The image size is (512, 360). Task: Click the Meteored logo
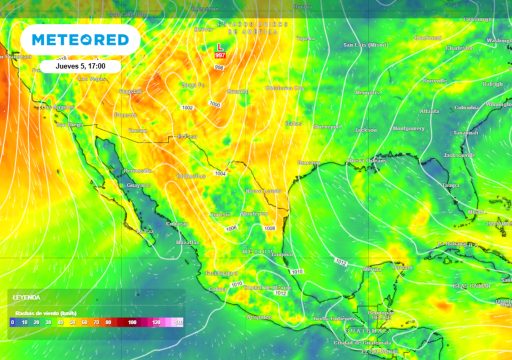(x=80, y=39)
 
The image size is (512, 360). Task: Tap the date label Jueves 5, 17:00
(x=80, y=66)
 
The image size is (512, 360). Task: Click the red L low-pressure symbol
(x=219, y=47)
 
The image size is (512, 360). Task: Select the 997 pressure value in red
(x=220, y=55)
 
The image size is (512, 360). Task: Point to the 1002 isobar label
(x=187, y=107)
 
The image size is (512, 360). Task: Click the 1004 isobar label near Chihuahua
(x=220, y=173)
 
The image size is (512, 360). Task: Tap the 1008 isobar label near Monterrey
(x=269, y=228)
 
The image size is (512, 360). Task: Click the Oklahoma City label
(x=285, y=88)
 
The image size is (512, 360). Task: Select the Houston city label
(x=308, y=163)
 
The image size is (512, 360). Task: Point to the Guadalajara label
(x=221, y=273)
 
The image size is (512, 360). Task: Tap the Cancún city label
(x=402, y=267)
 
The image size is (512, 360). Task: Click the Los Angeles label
(x=57, y=107)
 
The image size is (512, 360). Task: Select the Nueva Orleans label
(x=367, y=160)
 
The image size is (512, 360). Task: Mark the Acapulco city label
(x=259, y=317)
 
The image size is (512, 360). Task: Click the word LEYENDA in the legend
(x=26, y=297)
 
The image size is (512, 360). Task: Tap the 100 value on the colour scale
(x=132, y=322)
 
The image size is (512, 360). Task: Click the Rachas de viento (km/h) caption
(x=45, y=313)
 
